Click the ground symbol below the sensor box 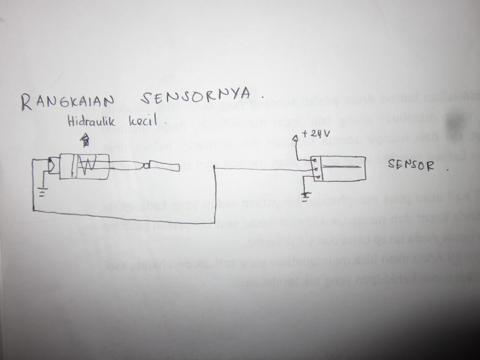306,195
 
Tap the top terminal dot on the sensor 315,161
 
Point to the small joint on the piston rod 146,166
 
